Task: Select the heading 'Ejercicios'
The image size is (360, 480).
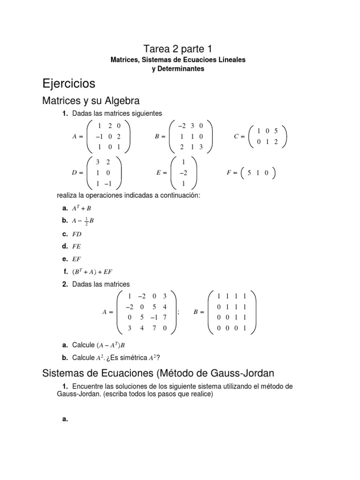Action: pos(68,84)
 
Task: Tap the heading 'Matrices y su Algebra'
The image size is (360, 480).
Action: pos(91,101)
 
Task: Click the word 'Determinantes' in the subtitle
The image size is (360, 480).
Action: pos(178,69)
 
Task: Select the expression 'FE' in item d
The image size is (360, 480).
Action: pos(77,246)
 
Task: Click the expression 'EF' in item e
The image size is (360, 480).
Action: pos(77,258)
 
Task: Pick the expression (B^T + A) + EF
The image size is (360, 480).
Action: pos(92,271)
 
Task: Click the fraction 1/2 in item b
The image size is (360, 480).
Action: pos(85,220)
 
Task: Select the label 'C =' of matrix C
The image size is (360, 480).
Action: pos(240,136)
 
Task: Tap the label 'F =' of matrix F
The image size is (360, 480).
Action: pos(232,172)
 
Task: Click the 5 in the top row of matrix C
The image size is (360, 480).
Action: pos(276,131)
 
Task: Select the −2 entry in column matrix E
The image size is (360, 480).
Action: pos(183,172)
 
